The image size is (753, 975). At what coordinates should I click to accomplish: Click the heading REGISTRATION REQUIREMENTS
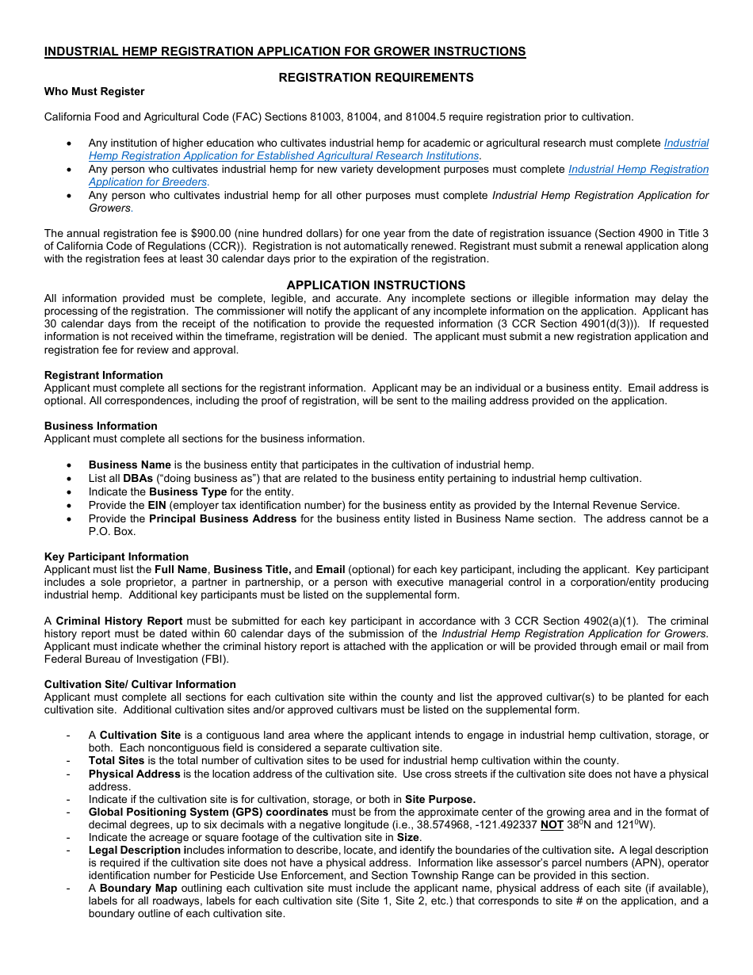point(376,78)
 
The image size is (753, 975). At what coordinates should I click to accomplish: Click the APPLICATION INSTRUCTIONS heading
point(376,285)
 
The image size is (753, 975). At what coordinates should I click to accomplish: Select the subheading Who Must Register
point(94,92)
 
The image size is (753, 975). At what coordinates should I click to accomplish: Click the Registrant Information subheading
point(104,376)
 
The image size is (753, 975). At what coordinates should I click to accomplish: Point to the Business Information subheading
point(101,426)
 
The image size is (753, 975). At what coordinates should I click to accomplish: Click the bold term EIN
point(157,506)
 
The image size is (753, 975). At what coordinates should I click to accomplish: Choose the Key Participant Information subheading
point(117,557)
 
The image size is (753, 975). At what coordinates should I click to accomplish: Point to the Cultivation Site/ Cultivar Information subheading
point(140,685)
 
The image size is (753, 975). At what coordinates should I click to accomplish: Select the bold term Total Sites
point(117,761)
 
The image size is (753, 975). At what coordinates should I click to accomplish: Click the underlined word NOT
point(552,825)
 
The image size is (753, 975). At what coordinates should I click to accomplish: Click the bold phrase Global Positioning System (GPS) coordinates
point(208,812)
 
